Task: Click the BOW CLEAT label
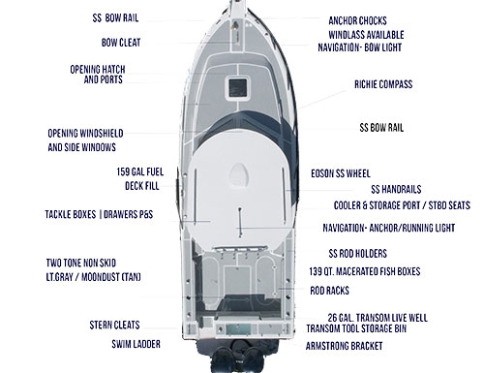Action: [x=121, y=43]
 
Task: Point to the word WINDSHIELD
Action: [x=127, y=134]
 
